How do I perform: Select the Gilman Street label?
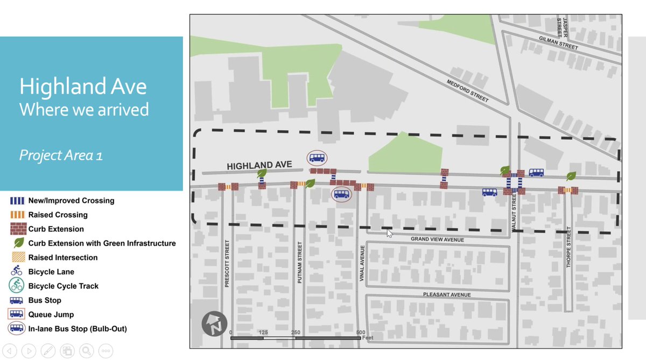(x=558, y=43)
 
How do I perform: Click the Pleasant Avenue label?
(x=447, y=295)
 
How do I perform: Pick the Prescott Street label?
(x=227, y=263)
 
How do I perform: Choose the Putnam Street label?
(x=300, y=263)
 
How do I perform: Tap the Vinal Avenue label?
(x=363, y=263)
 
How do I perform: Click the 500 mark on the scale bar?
(x=361, y=333)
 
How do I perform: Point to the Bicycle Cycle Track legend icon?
(x=17, y=286)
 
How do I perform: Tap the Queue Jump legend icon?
(x=17, y=314)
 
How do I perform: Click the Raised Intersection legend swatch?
(x=17, y=257)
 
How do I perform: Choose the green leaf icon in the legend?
(x=17, y=243)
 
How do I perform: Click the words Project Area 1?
(x=61, y=156)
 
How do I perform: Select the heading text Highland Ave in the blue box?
(x=83, y=87)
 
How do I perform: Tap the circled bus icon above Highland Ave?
(x=317, y=158)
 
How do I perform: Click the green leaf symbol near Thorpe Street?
(x=571, y=176)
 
